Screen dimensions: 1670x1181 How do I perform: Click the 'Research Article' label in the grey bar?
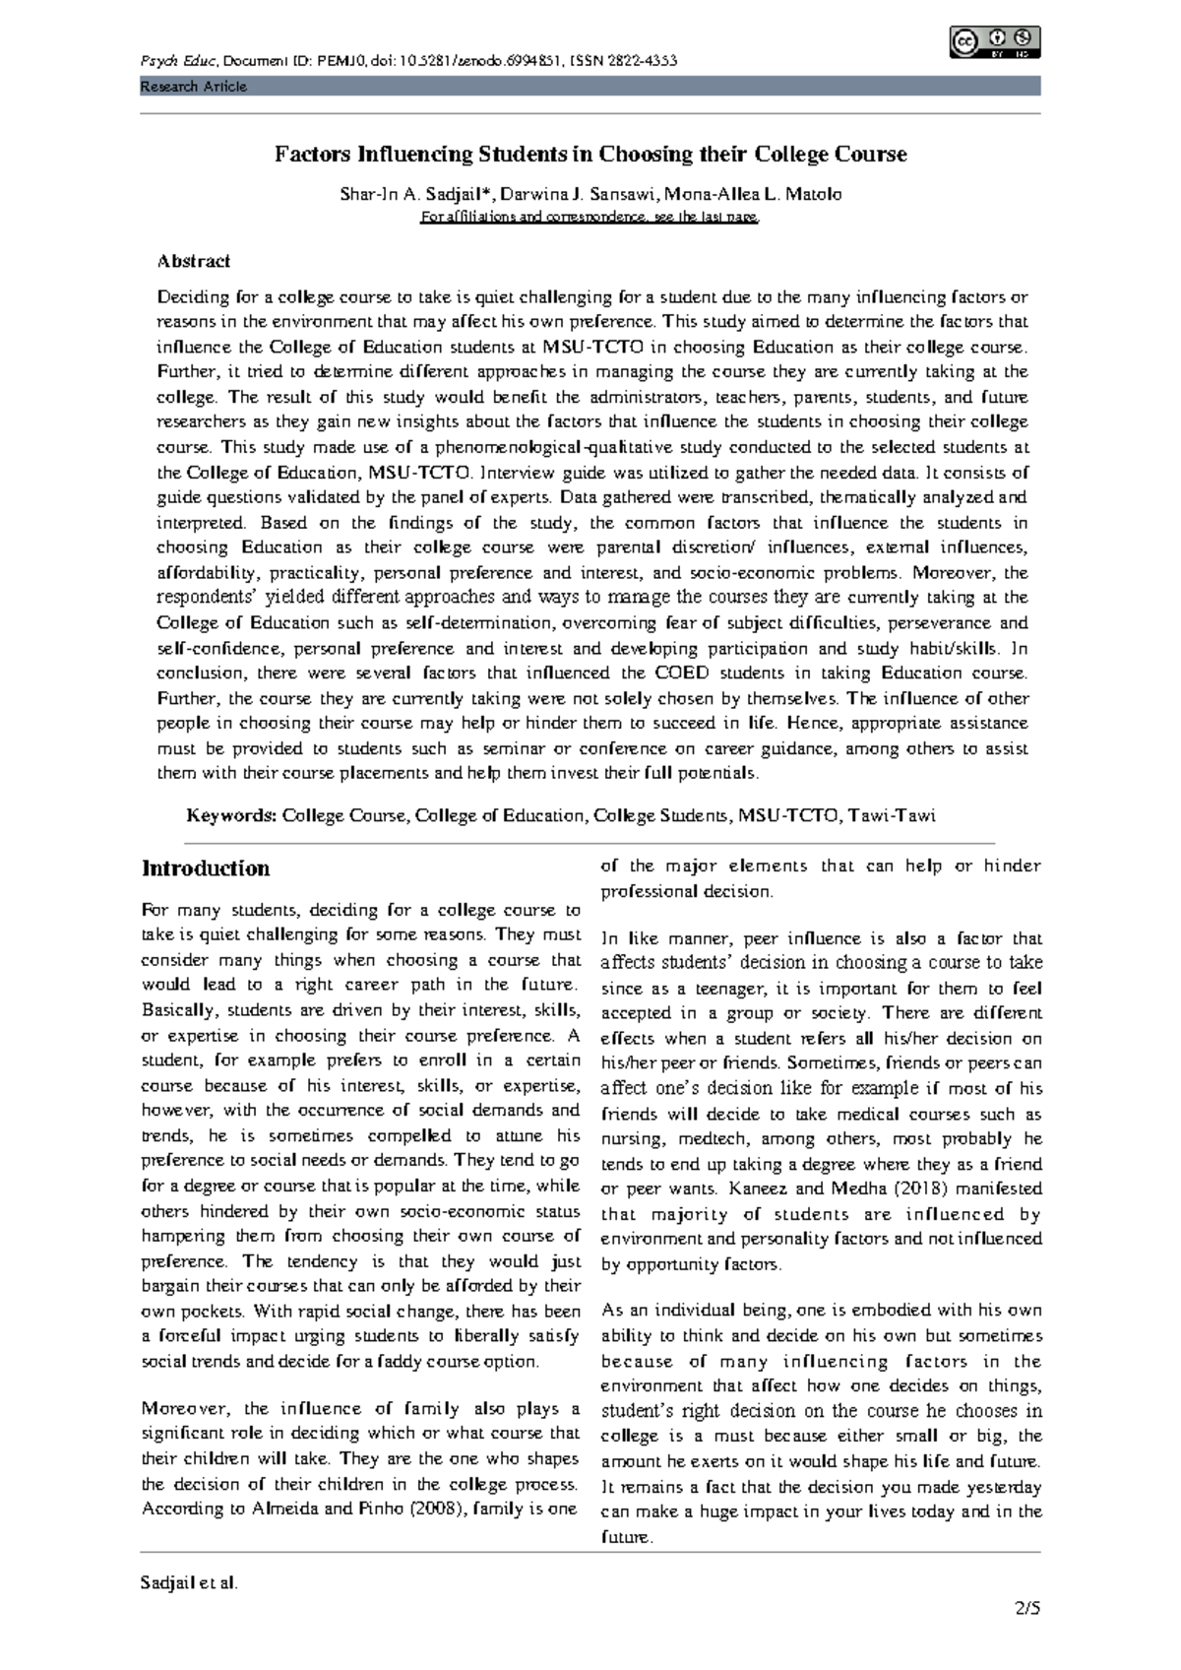coord(193,87)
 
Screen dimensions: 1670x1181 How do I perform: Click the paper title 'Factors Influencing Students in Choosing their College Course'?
coord(590,155)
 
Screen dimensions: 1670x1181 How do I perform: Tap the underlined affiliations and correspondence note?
coord(590,218)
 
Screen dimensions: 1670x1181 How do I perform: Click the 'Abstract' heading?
coord(194,261)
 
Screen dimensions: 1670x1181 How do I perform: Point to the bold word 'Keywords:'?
coord(232,815)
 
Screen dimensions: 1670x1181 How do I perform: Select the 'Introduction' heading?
coord(206,868)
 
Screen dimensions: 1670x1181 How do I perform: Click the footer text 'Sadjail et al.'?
coord(190,1583)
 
